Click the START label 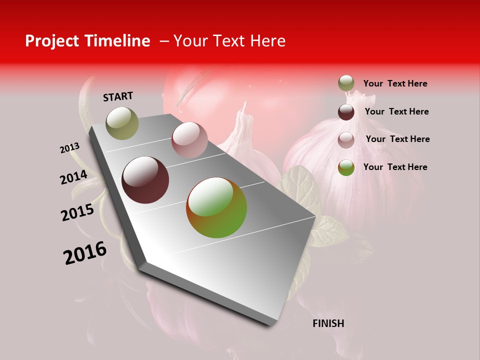pyautogui.click(x=118, y=96)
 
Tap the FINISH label pyautogui.click(x=328, y=323)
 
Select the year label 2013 pyautogui.click(x=70, y=148)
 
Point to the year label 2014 pyautogui.click(x=74, y=177)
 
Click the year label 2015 pyautogui.click(x=77, y=212)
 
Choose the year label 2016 pyautogui.click(x=85, y=252)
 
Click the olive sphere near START pyautogui.click(x=122, y=123)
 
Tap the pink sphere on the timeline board pyautogui.click(x=189, y=140)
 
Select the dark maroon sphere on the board pyautogui.click(x=145, y=180)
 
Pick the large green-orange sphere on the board pyautogui.click(x=216, y=207)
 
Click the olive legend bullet pyautogui.click(x=346, y=83)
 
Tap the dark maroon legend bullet pyautogui.click(x=346, y=112)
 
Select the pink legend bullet pyautogui.click(x=346, y=140)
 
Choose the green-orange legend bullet pyautogui.click(x=346, y=167)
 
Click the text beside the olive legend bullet pyautogui.click(x=395, y=83)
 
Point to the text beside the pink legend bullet pyautogui.click(x=397, y=139)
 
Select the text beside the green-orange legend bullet pyautogui.click(x=395, y=167)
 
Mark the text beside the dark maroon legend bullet pyautogui.click(x=396, y=111)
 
